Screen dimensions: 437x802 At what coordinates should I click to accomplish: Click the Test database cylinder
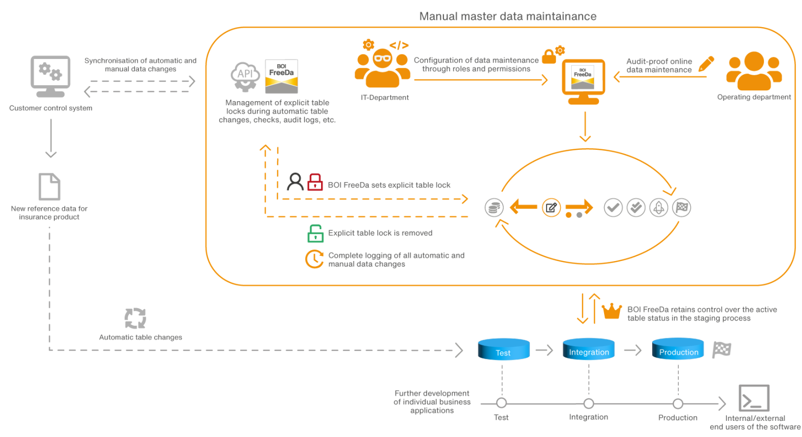pos(503,349)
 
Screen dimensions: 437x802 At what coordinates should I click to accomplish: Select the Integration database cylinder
pos(588,349)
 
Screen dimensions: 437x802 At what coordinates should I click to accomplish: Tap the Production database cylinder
pos(678,349)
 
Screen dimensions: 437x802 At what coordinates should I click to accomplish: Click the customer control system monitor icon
pos(50,76)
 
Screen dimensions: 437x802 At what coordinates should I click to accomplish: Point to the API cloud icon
pos(245,76)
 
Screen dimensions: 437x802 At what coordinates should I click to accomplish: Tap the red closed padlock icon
pos(315,182)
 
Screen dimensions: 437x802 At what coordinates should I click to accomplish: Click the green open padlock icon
pos(315,233)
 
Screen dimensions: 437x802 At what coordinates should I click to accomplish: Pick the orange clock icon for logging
pos(314,259)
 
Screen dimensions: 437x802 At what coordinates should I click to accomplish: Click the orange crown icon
pos(611,311)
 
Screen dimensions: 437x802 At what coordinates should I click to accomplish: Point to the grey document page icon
pos(50,186)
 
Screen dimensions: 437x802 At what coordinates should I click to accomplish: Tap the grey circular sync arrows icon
pos(135,318)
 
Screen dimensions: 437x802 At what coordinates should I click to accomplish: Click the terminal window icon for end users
pos(754,398)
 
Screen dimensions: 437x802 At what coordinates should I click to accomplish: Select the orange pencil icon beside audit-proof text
pos(706,64)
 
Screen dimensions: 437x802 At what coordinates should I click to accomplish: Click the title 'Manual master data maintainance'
pos(508,16)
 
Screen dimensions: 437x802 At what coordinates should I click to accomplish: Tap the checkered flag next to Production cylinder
pos(722,349)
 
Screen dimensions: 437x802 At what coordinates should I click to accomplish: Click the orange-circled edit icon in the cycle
pos(551,208)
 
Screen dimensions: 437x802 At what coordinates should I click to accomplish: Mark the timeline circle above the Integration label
pos(588,404)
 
